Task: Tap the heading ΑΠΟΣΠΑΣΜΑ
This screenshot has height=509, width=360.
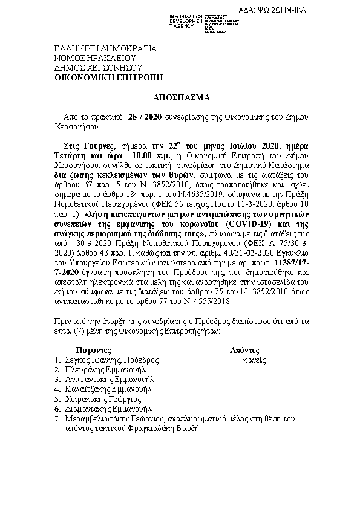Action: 180,96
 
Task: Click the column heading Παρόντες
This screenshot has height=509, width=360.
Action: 93,350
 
